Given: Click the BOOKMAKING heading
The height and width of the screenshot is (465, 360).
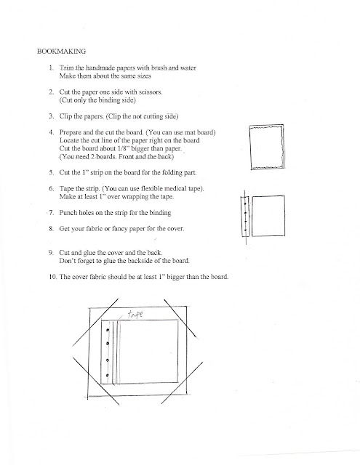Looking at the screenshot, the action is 61,52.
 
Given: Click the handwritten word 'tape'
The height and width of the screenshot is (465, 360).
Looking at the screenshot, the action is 135,314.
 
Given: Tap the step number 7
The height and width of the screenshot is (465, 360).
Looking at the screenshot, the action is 52,213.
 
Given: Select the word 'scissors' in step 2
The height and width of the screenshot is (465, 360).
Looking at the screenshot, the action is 151,92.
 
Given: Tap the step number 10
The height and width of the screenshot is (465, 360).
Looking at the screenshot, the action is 53,277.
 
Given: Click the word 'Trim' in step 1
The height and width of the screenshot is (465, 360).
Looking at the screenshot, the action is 66,68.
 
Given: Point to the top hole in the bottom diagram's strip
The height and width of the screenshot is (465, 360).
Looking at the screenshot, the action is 108,330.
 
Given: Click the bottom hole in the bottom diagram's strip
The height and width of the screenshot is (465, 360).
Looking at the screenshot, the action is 107,376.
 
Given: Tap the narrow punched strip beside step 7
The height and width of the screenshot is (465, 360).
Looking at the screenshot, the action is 244,216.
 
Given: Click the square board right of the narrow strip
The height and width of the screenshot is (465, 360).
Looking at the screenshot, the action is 268,216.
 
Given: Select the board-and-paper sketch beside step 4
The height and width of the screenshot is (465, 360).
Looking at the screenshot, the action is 266,147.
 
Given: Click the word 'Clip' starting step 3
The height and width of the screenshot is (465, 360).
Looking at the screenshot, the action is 65,116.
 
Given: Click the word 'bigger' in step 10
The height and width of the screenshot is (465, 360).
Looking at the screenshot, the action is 176,277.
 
